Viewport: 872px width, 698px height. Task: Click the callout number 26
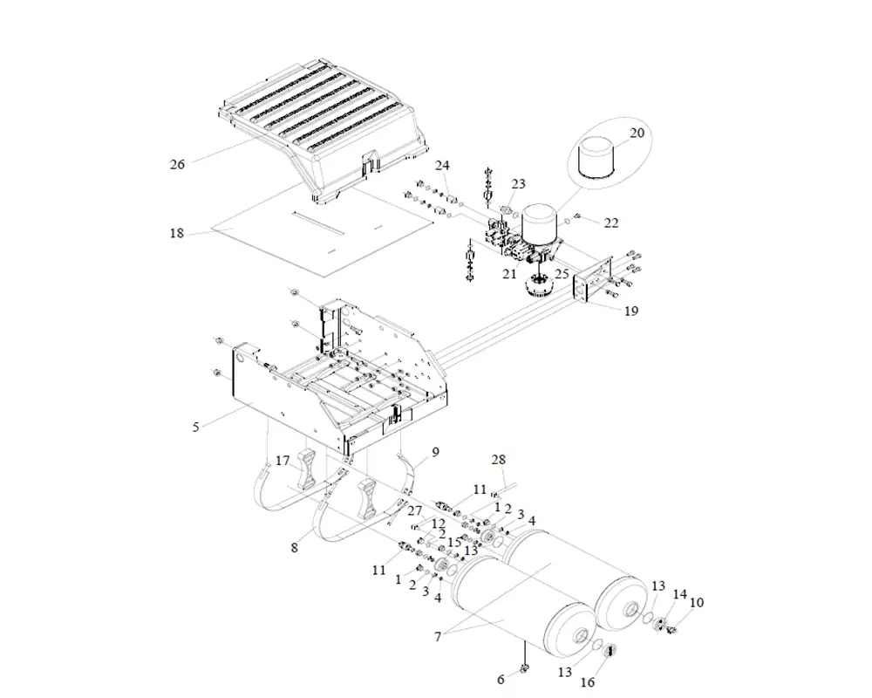coord(177,163)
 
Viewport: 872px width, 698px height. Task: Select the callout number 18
coord(177,233)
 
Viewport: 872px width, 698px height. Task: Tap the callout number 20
coord(637,133)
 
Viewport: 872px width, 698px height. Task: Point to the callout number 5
coord(196,427)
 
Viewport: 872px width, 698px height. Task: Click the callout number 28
coord(498,460)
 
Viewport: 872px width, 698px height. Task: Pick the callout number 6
coord(500,679)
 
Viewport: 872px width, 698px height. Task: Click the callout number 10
coord(696,603)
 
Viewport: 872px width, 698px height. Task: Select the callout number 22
coord(611,223)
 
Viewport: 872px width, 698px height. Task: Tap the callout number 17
coord(283,461)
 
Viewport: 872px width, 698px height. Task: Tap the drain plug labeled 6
coord(525,668)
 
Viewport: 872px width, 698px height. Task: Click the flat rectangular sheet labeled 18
coord(323,240)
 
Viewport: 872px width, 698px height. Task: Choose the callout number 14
coord(679,594)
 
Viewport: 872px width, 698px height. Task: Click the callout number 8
coord(295,548)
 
